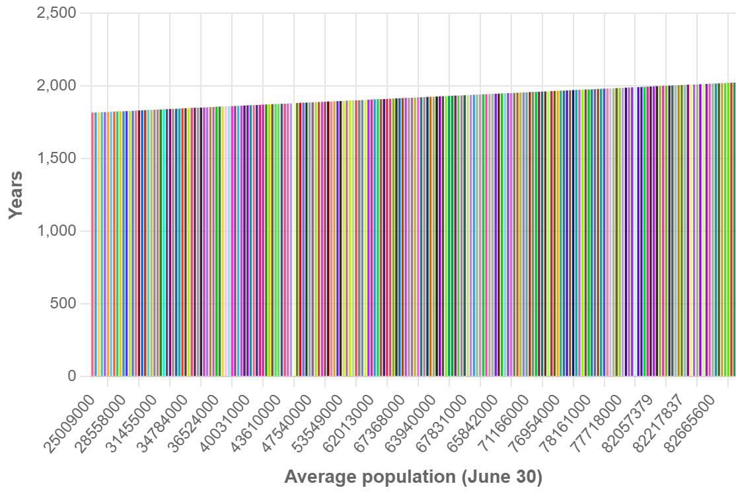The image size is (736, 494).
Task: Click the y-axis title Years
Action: [16, 195]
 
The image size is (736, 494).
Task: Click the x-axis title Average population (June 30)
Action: [413, 477]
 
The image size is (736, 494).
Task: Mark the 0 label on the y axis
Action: [72, 376]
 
